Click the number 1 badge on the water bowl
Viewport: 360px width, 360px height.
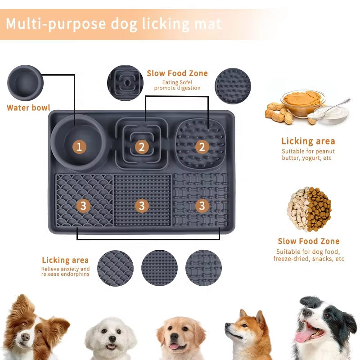(79, 146)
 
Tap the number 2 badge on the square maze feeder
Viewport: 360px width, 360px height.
(142, 146)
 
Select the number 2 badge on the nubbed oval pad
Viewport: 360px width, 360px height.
(202, 146)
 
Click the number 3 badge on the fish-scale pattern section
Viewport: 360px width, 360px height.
(83, 206)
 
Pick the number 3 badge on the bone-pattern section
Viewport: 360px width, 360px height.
(202, 206)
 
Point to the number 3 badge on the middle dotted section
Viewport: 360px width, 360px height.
(142, 206)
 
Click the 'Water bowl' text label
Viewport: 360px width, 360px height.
(28, 108)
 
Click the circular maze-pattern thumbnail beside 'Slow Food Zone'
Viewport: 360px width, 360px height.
(125, 83)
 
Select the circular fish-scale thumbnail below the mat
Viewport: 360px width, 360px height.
(115, 268)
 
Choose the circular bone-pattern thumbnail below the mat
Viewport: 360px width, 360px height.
(203, 268)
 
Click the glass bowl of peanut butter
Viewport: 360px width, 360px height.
(302, 102)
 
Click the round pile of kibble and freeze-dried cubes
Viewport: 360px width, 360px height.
(310, 209)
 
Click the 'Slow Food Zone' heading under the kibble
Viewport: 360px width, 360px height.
(309, 241)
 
